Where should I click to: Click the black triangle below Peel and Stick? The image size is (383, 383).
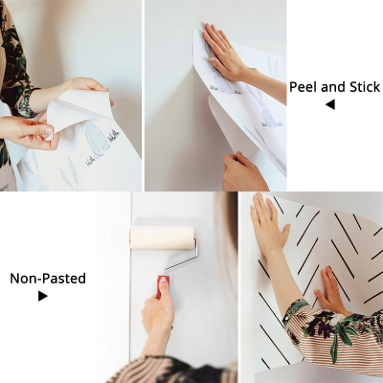(330, 104)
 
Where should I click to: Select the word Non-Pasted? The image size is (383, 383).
(48, 279)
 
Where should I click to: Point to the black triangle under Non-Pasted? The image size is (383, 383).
(43, 296)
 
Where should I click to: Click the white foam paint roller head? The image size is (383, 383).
(162, 237)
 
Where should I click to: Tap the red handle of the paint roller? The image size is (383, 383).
(163, 285)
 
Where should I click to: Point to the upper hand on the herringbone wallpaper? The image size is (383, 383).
(267, 223)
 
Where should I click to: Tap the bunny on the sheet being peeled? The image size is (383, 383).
(96, 141)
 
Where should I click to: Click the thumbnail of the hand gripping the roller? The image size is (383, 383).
(165, 282)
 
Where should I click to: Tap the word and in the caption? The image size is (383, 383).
(333, 87)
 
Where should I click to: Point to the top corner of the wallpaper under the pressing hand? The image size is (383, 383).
(194, 31)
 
